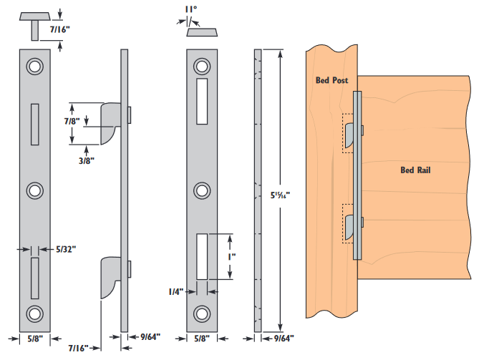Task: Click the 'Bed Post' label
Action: [x=332, y=81]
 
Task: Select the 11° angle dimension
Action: [x=190, y=9]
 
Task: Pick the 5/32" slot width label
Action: [x=65, y=249]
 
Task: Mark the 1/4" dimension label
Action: [x=174, y=292]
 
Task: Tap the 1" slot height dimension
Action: [x=231, y=255]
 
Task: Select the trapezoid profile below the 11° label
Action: [x=203, y=32]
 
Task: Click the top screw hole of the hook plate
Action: [x=34, y=66]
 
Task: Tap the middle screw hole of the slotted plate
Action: [x=203, y=190]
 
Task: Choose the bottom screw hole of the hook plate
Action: [x=34, y=313]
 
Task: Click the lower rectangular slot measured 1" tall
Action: [x=202, y=256]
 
